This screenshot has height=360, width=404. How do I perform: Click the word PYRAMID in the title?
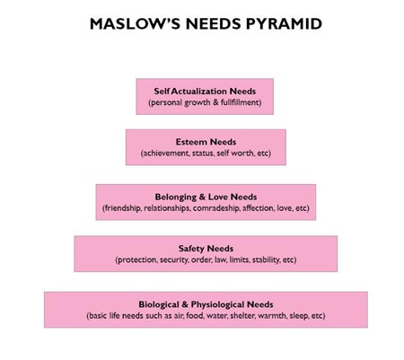click(x=284, y=24)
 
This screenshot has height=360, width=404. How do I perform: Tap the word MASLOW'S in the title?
click(x=135, y=24)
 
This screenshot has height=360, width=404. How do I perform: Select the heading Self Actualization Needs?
click(x=205, y=91)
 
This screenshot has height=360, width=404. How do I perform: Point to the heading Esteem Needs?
click(x=206, y=142)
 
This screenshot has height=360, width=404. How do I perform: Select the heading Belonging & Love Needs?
click(x=206, y=197)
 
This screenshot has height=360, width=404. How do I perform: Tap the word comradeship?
click(x=216, y=208)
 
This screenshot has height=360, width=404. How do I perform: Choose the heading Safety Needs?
click(x=206, y=249)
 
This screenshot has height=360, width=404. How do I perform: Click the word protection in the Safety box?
click(x=137, y=259)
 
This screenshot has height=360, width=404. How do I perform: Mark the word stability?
click(x=266, y=259)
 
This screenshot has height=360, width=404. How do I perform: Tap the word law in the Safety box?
click(x=221, y=259)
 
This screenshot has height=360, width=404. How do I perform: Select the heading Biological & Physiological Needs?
click(x=206, y=304)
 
